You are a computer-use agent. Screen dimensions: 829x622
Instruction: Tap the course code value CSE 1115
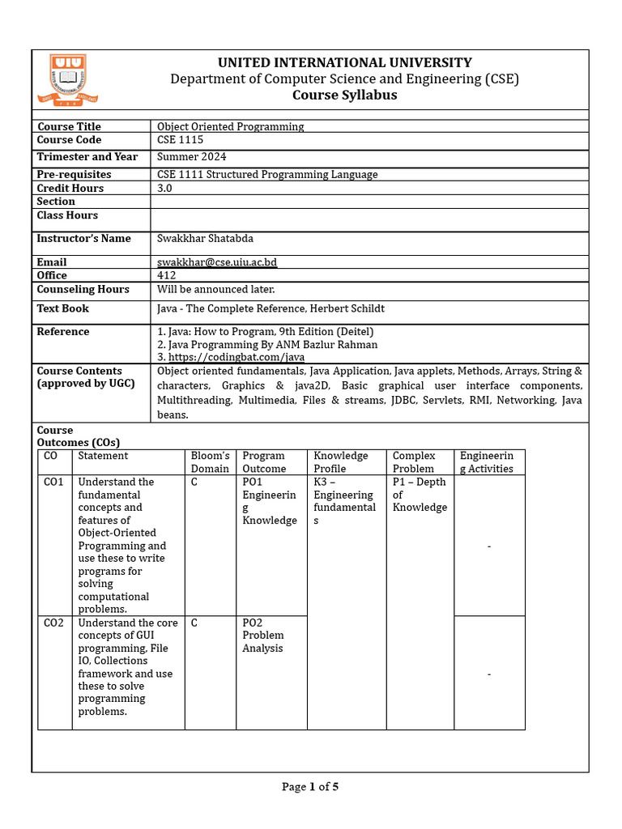coord(181,140)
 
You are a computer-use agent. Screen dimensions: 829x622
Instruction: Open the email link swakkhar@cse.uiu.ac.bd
coord(217,262)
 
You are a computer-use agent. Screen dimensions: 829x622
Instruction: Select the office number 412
coord(166,275)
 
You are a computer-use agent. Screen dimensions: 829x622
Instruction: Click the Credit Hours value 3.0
coord(164,188)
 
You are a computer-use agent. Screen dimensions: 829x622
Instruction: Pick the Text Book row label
coord(63,308)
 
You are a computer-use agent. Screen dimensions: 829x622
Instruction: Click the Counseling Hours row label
coord(83,289)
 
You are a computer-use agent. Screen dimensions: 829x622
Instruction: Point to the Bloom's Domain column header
coord(210,462)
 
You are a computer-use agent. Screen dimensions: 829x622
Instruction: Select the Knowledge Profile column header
coord(340,462)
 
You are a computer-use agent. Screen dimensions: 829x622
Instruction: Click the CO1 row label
coord(53,482)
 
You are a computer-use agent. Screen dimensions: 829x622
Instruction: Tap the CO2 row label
coord(53,623)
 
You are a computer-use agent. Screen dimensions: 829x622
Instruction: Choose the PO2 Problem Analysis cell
coord(263,636)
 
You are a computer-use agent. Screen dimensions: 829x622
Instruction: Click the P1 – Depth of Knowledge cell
coord(420,495)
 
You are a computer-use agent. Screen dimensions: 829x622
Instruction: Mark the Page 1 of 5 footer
coord(310,787)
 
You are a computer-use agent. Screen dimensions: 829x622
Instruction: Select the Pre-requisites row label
coord(75,174)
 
